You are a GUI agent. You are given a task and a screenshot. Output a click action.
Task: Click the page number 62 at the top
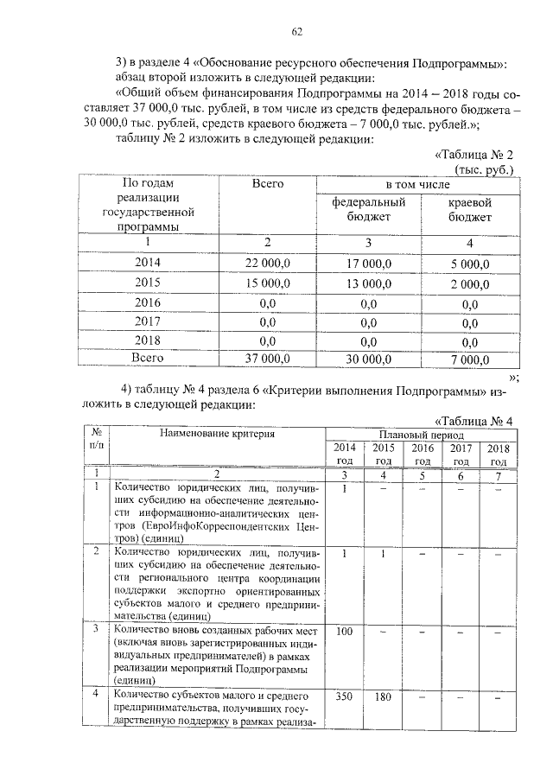[296, 32]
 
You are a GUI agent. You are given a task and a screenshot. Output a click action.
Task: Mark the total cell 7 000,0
[469, 359]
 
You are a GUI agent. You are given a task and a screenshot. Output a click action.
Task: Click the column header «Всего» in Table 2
[268, 184]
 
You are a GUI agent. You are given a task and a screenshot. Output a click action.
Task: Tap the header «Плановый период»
[420, 436]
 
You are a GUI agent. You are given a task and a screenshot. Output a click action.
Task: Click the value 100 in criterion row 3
[344, 632]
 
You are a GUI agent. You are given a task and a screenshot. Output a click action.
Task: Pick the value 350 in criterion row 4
[344, 698]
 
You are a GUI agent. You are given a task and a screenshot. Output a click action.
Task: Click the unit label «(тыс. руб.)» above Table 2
[484, 169]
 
